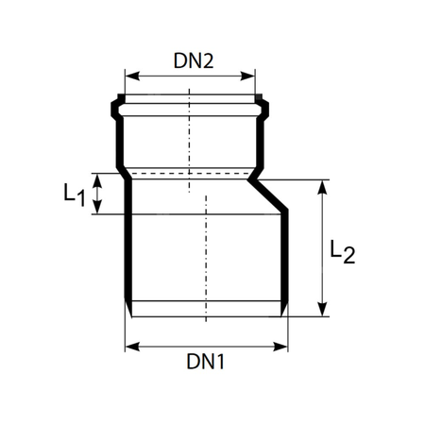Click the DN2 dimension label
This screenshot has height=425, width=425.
coord(194,61)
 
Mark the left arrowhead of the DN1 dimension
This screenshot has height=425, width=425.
coord(129,346)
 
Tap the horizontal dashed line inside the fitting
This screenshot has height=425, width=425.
coord(189,175)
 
